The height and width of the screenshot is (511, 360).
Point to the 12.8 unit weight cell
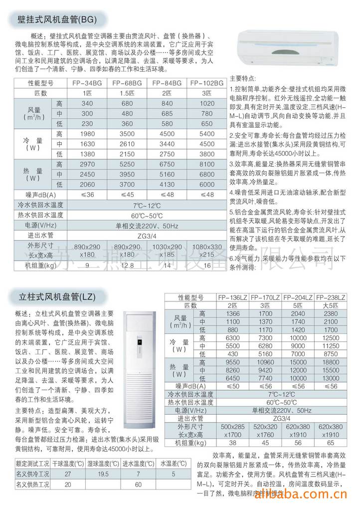[x=127, y=265]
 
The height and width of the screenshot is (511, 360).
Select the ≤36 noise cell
[x=87, y=195]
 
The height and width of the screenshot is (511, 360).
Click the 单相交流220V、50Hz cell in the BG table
[x=147, y=226]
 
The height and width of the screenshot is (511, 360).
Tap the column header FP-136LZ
[x=233, y=297]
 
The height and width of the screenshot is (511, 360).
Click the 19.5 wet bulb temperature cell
[x=103, y=474]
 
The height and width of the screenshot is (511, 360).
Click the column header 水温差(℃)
[x=170, y=464]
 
